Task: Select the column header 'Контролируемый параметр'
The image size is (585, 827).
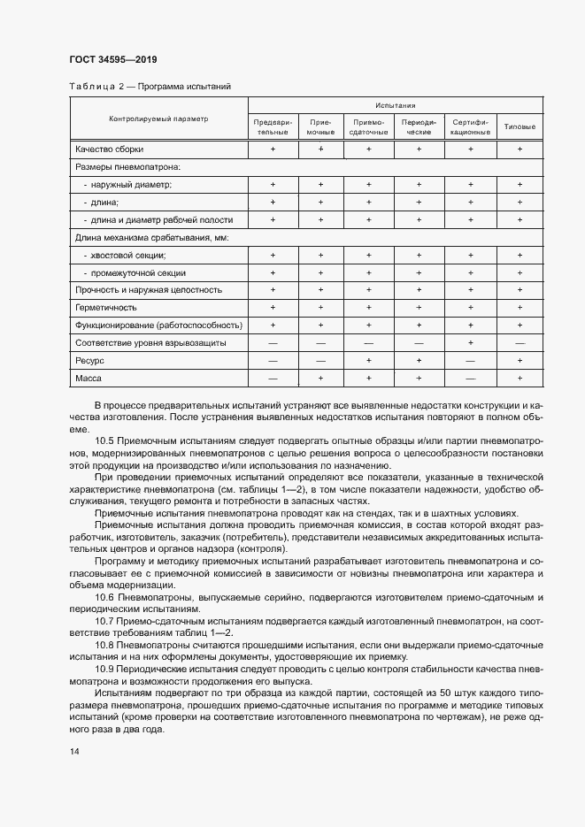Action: tap(158, 119)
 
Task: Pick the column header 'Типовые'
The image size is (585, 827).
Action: tap(520, 126)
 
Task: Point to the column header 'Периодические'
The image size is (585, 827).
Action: tap(418, 126)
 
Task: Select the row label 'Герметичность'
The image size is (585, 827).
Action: tap(105, 308)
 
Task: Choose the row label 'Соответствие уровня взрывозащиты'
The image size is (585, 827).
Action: tap(151, 343)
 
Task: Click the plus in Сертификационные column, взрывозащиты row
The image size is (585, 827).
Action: tap(470, 343)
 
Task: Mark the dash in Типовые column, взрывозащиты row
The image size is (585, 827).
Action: tap(520, 343)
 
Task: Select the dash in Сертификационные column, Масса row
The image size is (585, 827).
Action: tap(470, 379)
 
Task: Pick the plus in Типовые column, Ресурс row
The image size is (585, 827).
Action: tap(520, 361)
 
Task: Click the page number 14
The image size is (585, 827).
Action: tap(73, 751)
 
